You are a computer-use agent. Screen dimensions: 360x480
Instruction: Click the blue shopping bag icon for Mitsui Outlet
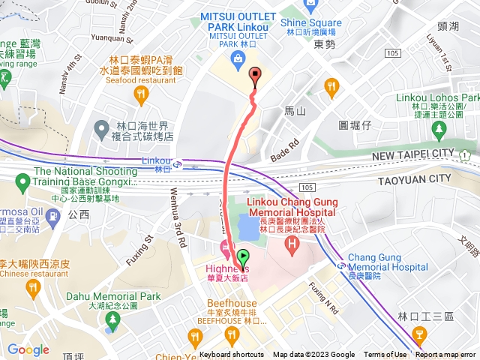[236, 58]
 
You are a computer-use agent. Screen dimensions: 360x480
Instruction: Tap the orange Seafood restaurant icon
[140, 93]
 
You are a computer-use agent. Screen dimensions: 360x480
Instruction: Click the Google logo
[28, 349]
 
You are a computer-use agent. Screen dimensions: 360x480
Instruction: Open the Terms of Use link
[385, 355]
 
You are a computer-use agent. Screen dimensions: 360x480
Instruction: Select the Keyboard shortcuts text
[232, 355]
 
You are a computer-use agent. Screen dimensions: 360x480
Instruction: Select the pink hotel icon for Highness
[223, 248]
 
